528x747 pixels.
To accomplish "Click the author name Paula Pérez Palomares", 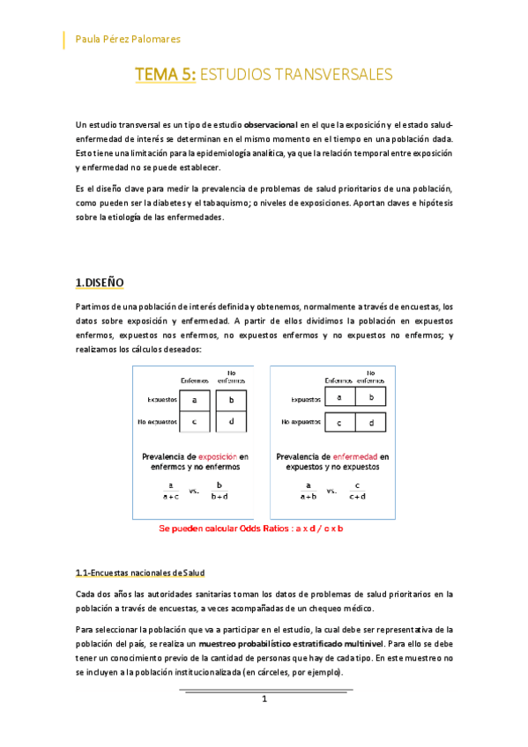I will pyautogui.click(x=130, y=40).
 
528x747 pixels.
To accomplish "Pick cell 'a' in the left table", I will pyautogui.click(x=195, y=400).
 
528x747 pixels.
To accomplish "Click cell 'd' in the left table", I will pyautogui.click(x=231, y=421).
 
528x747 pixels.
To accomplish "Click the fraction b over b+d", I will pyautogui.click(x=220, y=490).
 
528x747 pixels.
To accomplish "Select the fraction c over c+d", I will pyautogui.click(x=357, y=490).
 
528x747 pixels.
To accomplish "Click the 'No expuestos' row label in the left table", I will pyautogui.click(x=156, y=421).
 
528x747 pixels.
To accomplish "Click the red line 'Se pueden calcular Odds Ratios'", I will pyautogui.click(x=250, y=529).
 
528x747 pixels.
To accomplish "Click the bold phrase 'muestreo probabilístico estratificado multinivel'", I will pyautogui.click(x=300, y=644).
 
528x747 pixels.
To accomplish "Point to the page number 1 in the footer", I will pyautogui.click(x=264, y=699).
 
